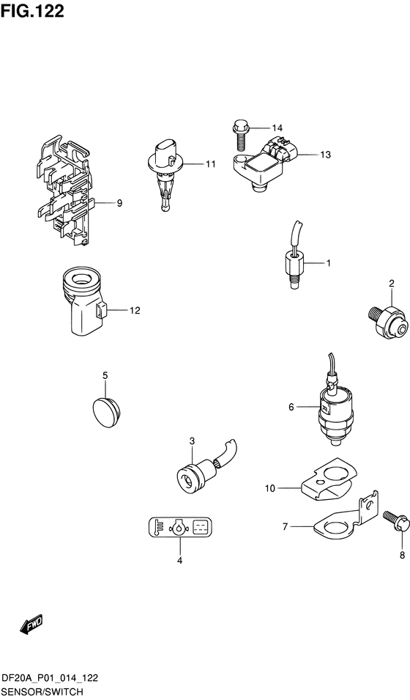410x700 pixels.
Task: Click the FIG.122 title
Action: click(32, 11)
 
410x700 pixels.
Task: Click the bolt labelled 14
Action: click(239, 136)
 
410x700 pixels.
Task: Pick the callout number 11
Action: click(210, 164)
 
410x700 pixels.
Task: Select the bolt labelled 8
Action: click(391, 522)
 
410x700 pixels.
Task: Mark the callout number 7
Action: click(287, 526)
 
